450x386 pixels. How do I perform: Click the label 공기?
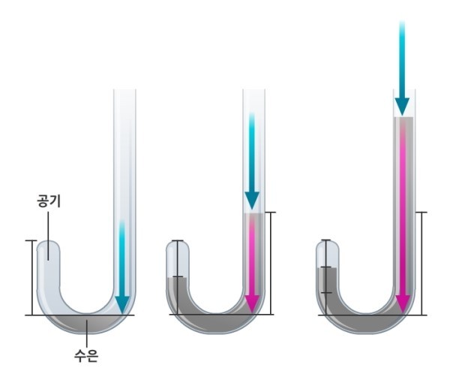pyautogui.click(x=49, y=201)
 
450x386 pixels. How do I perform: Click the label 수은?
pyautogui.click(x=86, y=355)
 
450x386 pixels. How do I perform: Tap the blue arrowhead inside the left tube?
pyautogui.click(x=122, y=305)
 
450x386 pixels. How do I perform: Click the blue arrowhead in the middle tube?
pyautogui.click(x=252, y=201)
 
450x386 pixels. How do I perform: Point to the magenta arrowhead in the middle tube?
pyautogui.click(x=252, y=304)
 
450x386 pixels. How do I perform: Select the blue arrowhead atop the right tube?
pyautogui.click(x=402, y=107)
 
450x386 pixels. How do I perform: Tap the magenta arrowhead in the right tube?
pyautogui.click(x=403, y=304)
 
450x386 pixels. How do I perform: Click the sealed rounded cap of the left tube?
pyautogui.click(x=48, y=246)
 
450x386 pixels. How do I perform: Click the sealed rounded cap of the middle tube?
pyautogui.click(x=178, y=246)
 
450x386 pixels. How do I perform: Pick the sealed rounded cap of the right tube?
pyautogui.click(x=328, y=246)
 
